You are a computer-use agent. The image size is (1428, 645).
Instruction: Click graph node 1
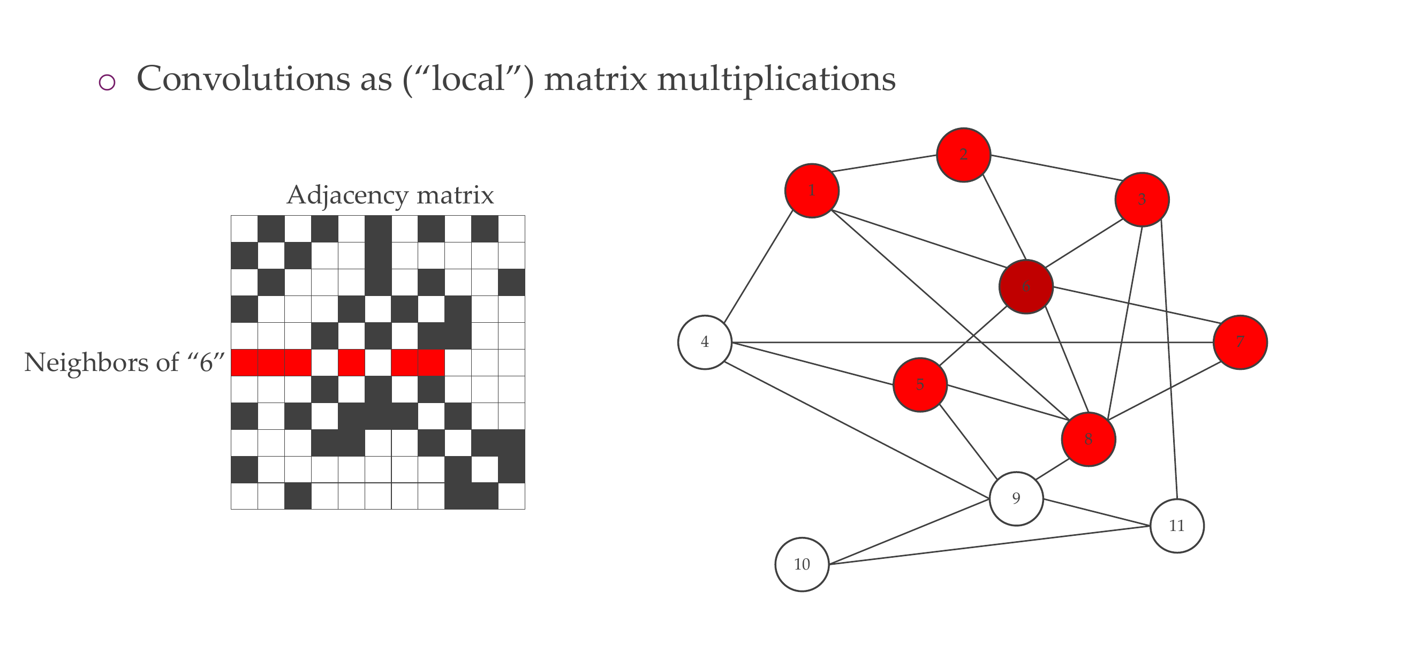click(812, 191)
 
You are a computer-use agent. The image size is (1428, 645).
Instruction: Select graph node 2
click(963, 155)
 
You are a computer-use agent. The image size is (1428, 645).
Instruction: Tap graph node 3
click(1142, 200)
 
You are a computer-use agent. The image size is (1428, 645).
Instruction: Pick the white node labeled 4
click(705, 342)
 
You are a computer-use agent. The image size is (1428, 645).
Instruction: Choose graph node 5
click(920, 384)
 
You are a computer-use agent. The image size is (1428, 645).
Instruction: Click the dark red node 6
click(1025, 286)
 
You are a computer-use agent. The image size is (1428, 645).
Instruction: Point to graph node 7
click(1240, 342)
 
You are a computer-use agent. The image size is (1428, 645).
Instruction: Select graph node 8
click(1088, 439)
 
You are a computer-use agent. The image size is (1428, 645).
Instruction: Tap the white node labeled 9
click(1016, 498)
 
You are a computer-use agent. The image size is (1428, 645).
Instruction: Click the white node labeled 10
click(802, 564)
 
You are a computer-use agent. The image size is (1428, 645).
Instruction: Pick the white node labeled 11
click(1177, 525)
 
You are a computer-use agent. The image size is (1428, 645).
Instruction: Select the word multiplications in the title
click(776, 80)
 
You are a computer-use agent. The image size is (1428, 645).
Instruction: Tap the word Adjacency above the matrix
click(346, 195)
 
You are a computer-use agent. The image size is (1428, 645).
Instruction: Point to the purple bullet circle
click(107, 82)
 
